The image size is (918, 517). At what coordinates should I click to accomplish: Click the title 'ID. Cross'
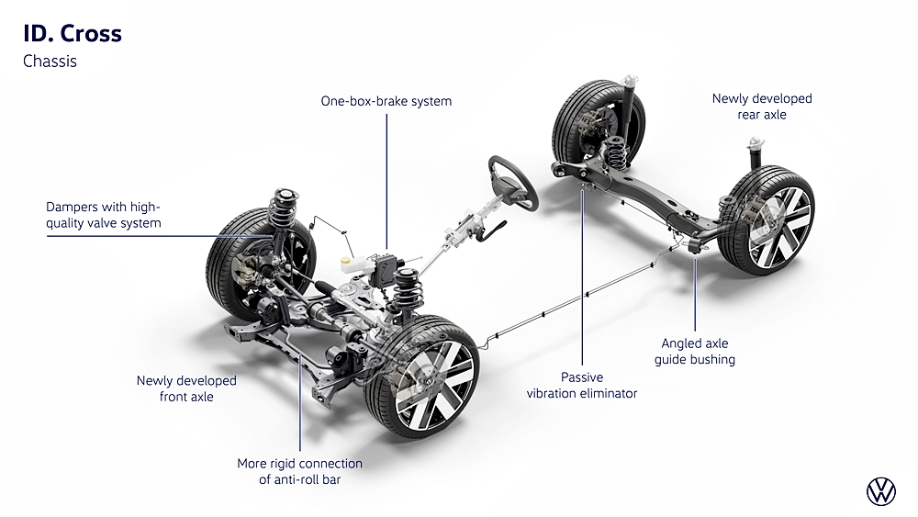[72, 34]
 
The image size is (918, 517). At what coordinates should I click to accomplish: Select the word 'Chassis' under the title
[50, 62]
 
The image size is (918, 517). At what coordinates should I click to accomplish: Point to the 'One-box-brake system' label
[386, 101]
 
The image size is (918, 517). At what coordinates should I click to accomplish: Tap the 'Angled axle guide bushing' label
[694, 351]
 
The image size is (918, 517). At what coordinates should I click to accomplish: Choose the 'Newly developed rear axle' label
[762, 107]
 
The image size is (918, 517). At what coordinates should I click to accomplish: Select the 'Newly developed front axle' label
[186, 388]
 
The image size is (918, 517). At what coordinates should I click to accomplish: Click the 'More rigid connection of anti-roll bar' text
[299, 471]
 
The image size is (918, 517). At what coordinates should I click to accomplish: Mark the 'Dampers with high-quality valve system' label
[104, 215]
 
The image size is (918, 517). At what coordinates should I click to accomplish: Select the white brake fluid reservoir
[351, 261]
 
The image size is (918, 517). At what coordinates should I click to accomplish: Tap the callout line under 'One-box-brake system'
[386, 174]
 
